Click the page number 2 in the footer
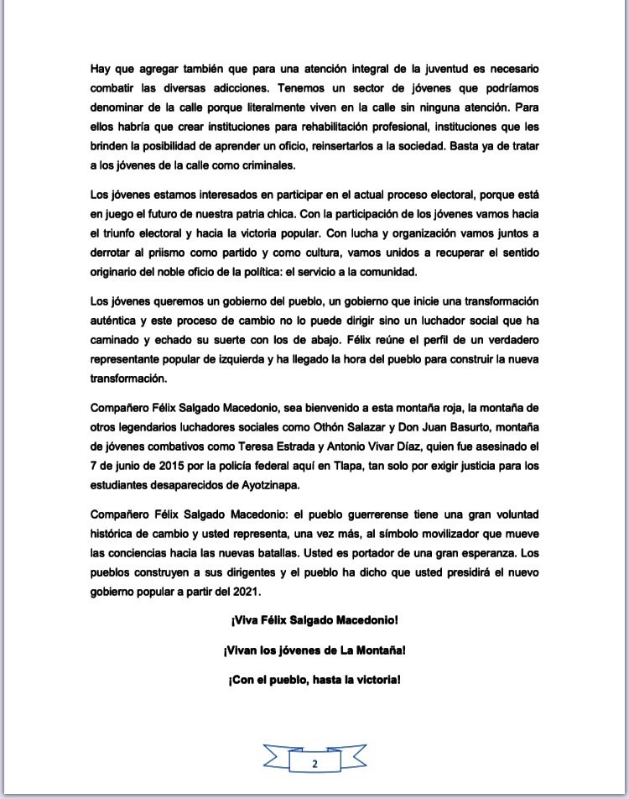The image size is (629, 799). [314, 764]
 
